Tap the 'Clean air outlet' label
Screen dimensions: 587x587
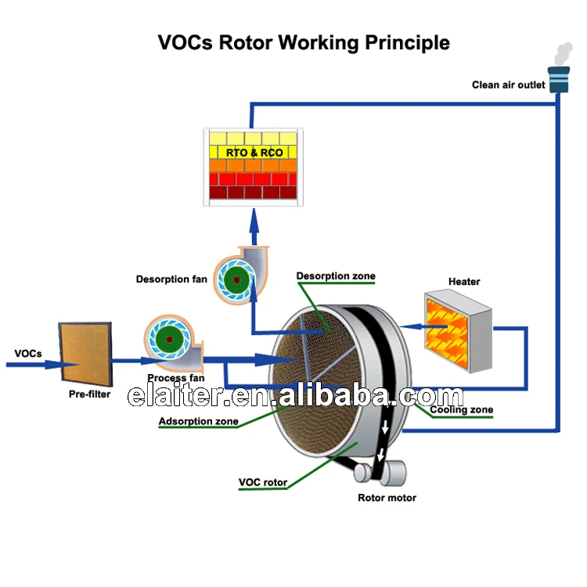tap(508, 85)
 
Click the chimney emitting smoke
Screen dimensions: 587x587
tap(558, 79)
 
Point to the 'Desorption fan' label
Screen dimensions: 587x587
tap(171, 279)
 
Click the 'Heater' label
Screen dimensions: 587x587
tap(464, 281)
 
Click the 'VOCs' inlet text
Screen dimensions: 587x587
tap(28, 353)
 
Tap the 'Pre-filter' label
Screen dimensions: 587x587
tap(89, 394)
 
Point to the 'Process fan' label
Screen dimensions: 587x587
tap(176, 378)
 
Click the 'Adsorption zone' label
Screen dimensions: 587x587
tap(198, 421)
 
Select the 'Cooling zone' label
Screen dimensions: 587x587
tap(462, 409)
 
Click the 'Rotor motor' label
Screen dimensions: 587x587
tap(387, 498)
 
